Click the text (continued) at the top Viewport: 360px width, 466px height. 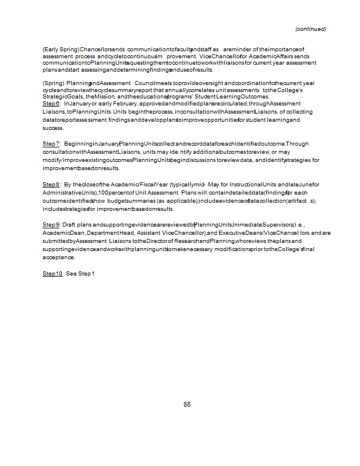310,29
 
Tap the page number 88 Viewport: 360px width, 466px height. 187,405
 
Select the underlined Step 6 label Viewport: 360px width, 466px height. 51,103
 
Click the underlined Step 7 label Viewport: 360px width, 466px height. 51,143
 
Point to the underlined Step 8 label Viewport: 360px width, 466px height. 51,184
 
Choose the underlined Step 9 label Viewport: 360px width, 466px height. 51,224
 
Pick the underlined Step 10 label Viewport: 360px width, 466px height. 52,273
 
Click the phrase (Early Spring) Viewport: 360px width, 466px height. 61,50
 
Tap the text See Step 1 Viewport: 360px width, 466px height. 80,273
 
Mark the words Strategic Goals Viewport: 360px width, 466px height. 62,97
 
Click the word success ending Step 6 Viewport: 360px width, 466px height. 53,128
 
